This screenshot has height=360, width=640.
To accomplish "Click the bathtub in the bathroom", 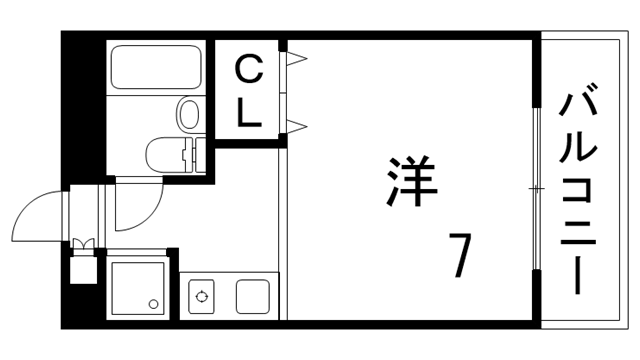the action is [156, 66].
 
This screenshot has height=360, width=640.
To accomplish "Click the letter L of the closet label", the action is [249, 113].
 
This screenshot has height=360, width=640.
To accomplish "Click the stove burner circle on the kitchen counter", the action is [203, 296].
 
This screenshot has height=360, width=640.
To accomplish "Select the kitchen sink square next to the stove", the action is [252, 296].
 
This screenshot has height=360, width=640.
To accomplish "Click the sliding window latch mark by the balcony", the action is [537, 188].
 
